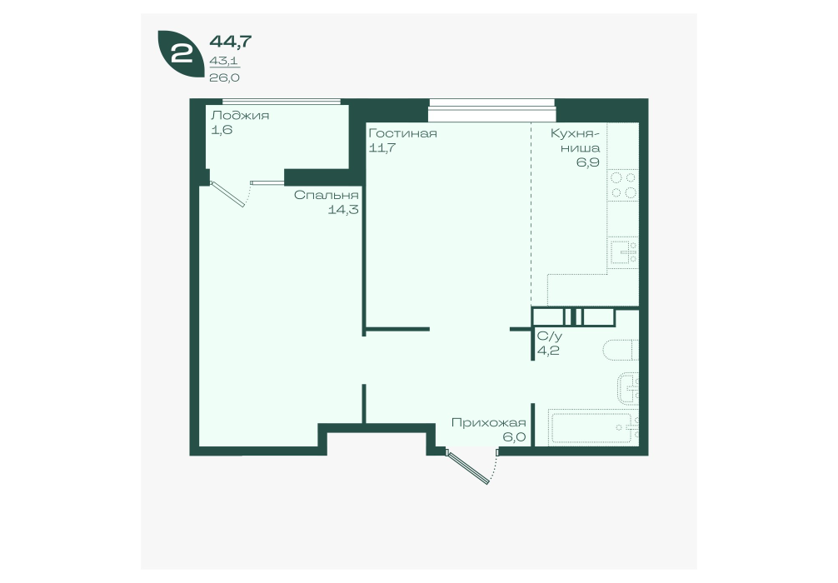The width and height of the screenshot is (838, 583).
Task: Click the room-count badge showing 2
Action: (x=180, y=53)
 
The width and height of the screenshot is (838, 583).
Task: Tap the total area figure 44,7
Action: (x=231, y=41)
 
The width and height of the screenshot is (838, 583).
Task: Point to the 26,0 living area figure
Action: (x=224, y=77)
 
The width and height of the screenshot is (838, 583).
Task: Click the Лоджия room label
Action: (x=240, y=116)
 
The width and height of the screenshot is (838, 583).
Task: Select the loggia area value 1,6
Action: (x=222, y=130)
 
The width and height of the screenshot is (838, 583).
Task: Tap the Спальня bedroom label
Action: (x=326, y=195)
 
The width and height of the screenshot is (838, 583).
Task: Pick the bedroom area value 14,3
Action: (x=343, y=210)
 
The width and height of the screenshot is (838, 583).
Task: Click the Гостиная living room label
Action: (x=403, y=133)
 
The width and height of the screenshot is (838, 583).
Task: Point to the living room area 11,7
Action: (x=382, y=147)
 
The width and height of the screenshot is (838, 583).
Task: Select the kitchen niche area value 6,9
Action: (x=587, y=162)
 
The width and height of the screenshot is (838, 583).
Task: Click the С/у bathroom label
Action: (x=550, y=336)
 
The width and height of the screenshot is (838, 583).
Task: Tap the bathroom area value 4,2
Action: (x=548, y=351)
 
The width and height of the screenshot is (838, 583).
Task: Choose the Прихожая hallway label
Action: (x=488, y=423)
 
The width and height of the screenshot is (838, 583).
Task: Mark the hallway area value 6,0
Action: (x=514, y=437)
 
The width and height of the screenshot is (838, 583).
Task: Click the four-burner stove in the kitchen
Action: (x=624, y=185)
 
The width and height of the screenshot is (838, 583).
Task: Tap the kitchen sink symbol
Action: (x=624, y=252)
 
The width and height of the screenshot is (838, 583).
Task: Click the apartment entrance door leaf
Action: (x=469, y=467)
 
